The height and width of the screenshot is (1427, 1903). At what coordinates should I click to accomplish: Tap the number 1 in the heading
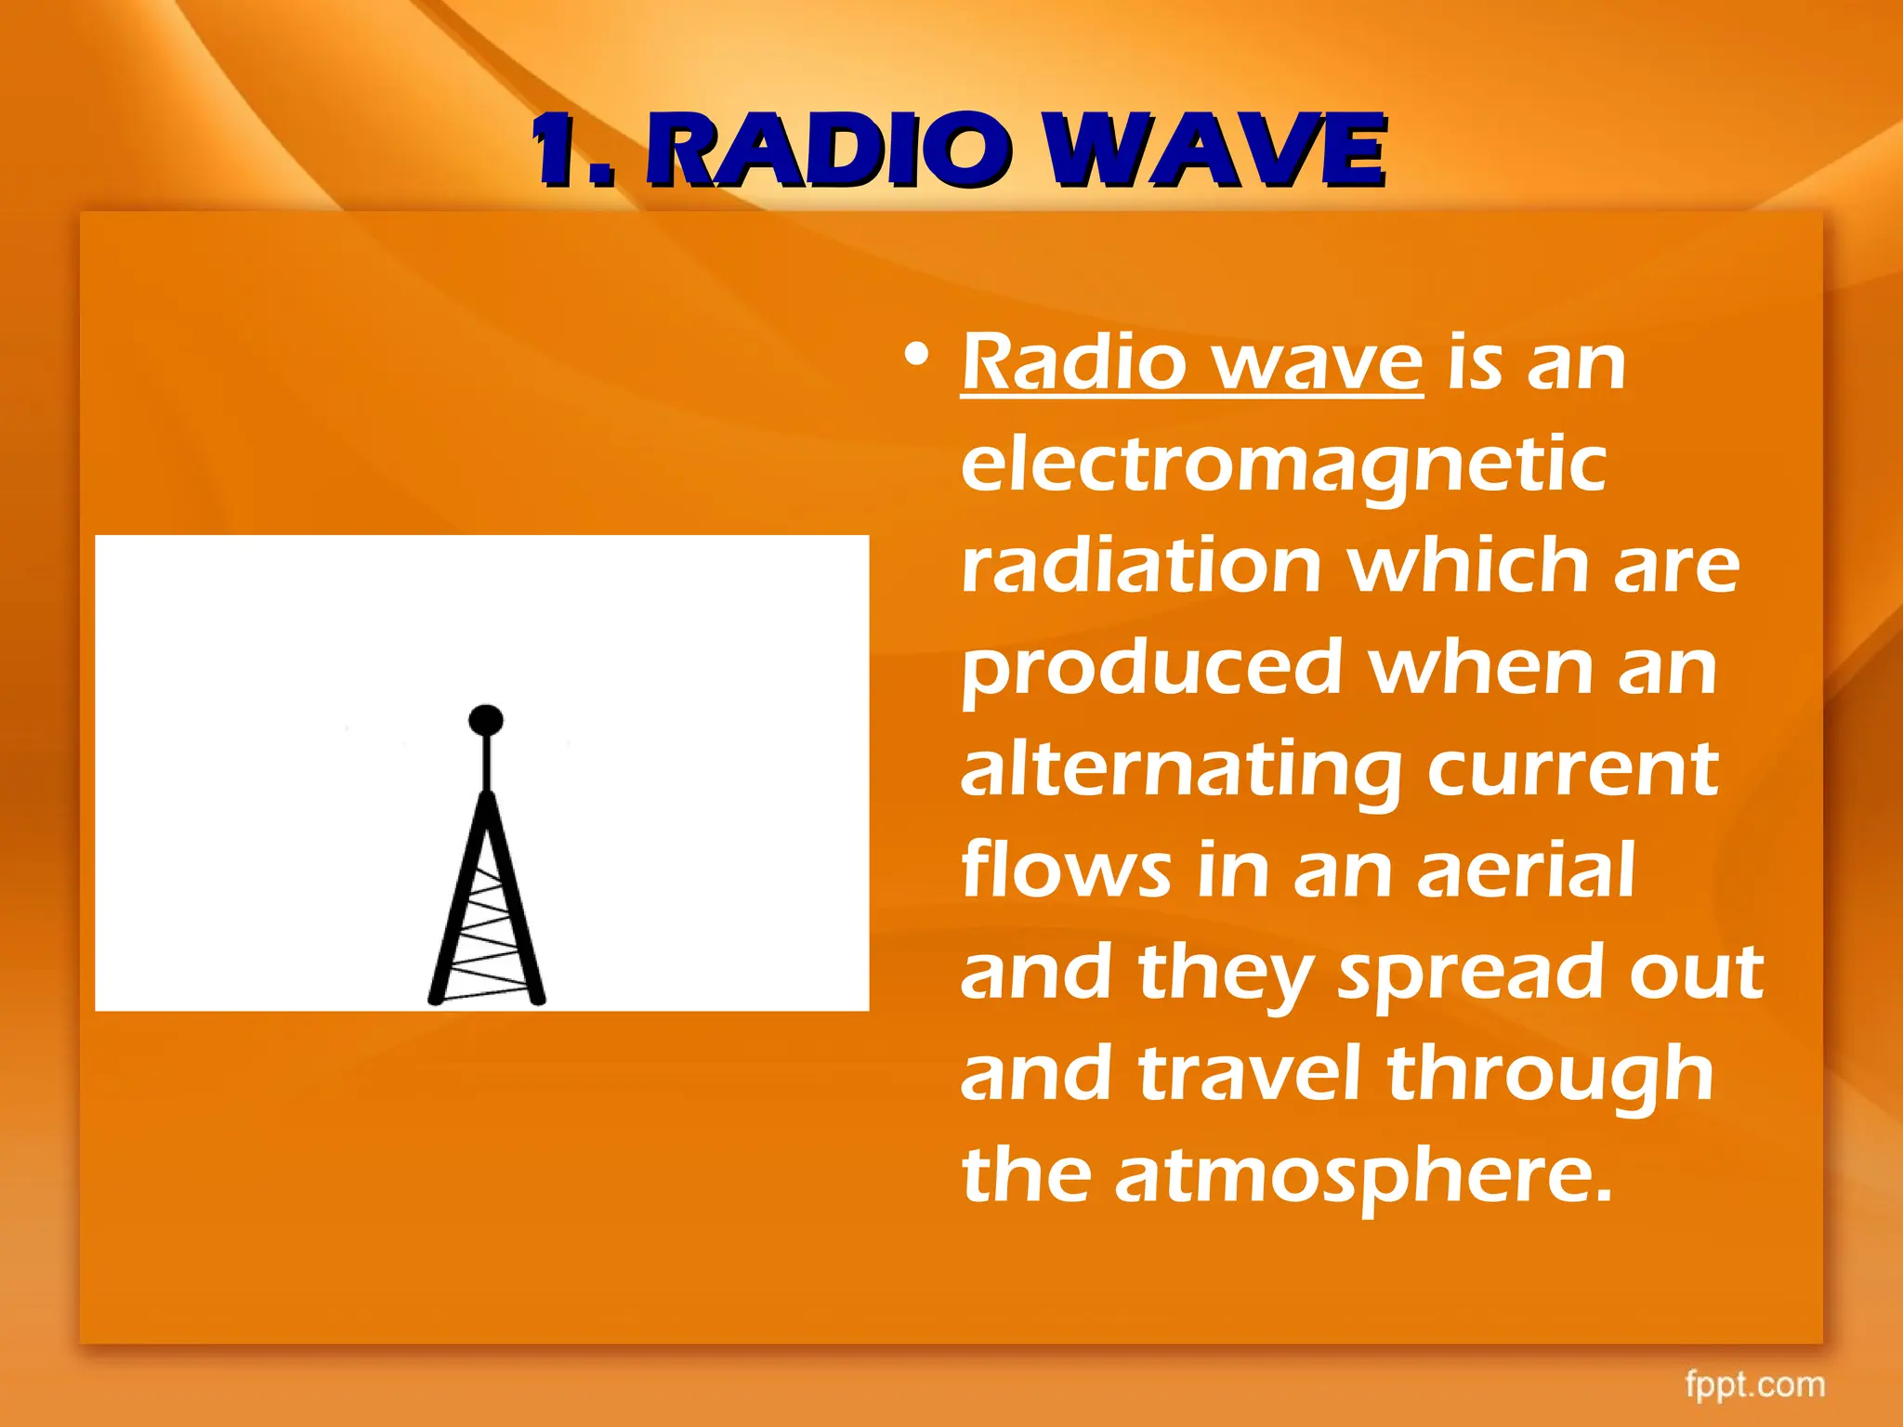pos(561,151)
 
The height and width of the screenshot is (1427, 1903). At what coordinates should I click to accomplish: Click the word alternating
pos(1180,770)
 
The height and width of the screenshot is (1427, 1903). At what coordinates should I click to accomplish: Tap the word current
pos(1572,770)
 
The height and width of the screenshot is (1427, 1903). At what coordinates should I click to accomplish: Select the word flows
pos(1066,871)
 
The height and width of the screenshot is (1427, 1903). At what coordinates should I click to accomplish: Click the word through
pos(1549,1076)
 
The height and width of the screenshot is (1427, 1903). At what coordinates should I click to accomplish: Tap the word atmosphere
pos(1362,1178)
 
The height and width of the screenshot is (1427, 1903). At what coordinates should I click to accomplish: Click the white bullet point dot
pos(916,356)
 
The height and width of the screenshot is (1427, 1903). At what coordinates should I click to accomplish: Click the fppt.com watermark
pos(1754,1385)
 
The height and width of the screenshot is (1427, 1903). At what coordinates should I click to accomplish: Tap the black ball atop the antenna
pos(486,720)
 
